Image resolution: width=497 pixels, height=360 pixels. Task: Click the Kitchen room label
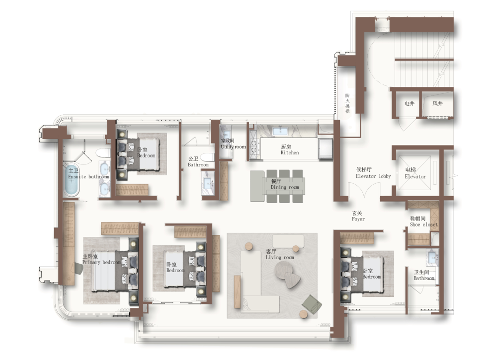[x=290, y=149]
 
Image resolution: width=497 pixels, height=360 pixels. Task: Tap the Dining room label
[x=285, y=184]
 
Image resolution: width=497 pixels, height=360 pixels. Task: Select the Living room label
[x=279, y=254]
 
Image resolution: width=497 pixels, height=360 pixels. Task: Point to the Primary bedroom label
[x=101, y=259]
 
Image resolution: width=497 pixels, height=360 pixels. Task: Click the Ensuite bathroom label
[x=88, y=174]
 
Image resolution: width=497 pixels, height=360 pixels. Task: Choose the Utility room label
[x=233, y=144]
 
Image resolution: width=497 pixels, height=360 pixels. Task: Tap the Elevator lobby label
[x=373, y=173]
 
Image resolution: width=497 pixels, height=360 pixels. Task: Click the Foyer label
[x=358, y=216]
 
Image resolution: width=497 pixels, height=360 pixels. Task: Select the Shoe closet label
[x=424, y=221]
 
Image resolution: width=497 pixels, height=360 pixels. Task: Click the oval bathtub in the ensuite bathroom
[x=72, y=179]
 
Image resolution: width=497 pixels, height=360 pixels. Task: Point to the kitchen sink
[x=279, y=130]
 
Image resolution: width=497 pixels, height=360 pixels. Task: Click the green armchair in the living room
[x=312, y=303]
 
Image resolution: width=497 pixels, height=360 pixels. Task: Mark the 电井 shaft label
[x=410, y=103]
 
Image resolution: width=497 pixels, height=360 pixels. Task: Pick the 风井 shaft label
[x=437, y=103]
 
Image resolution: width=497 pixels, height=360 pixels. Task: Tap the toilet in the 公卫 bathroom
[x=208, y=157]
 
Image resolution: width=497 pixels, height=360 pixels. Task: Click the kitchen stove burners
[x=253, y=144]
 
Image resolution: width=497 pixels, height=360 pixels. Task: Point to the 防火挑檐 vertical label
[x=347, y=103]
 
